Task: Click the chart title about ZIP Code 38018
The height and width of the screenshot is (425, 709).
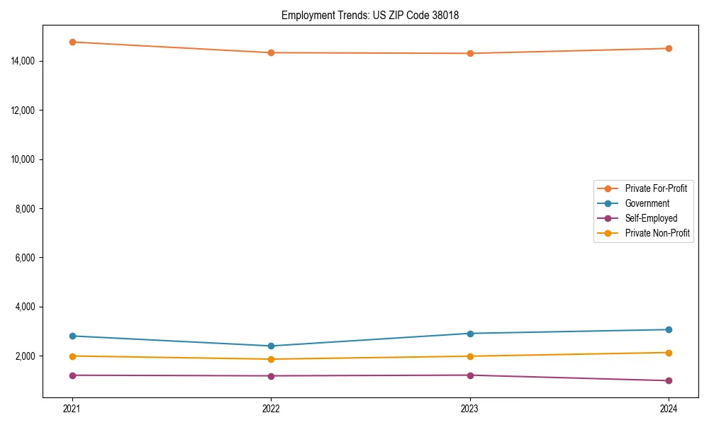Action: [370, 15]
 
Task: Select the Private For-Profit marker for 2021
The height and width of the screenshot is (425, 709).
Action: [72, 42]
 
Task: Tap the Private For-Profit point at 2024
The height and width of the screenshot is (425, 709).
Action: [669, 48]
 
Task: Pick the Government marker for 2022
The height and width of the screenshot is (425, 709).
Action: [271, 346]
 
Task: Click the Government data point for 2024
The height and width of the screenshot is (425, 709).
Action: [669, 329]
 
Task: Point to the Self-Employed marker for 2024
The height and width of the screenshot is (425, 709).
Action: [669, 380]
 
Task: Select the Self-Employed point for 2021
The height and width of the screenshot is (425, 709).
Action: [72, 375]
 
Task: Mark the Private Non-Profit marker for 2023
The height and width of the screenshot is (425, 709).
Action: [470, 356]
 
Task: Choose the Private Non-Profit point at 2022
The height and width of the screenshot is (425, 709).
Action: [271, 359]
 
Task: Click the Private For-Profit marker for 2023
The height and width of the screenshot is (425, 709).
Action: [470, 53]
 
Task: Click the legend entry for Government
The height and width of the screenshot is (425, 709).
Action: [647, 203]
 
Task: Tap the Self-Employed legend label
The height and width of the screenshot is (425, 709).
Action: [651, 218]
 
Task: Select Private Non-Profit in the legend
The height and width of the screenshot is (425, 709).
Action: [657, 233]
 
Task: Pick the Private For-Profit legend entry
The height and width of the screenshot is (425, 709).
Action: [656, 188]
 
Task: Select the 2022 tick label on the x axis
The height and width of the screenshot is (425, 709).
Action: [271, 408]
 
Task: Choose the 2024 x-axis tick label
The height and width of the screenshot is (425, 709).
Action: [669, 408]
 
